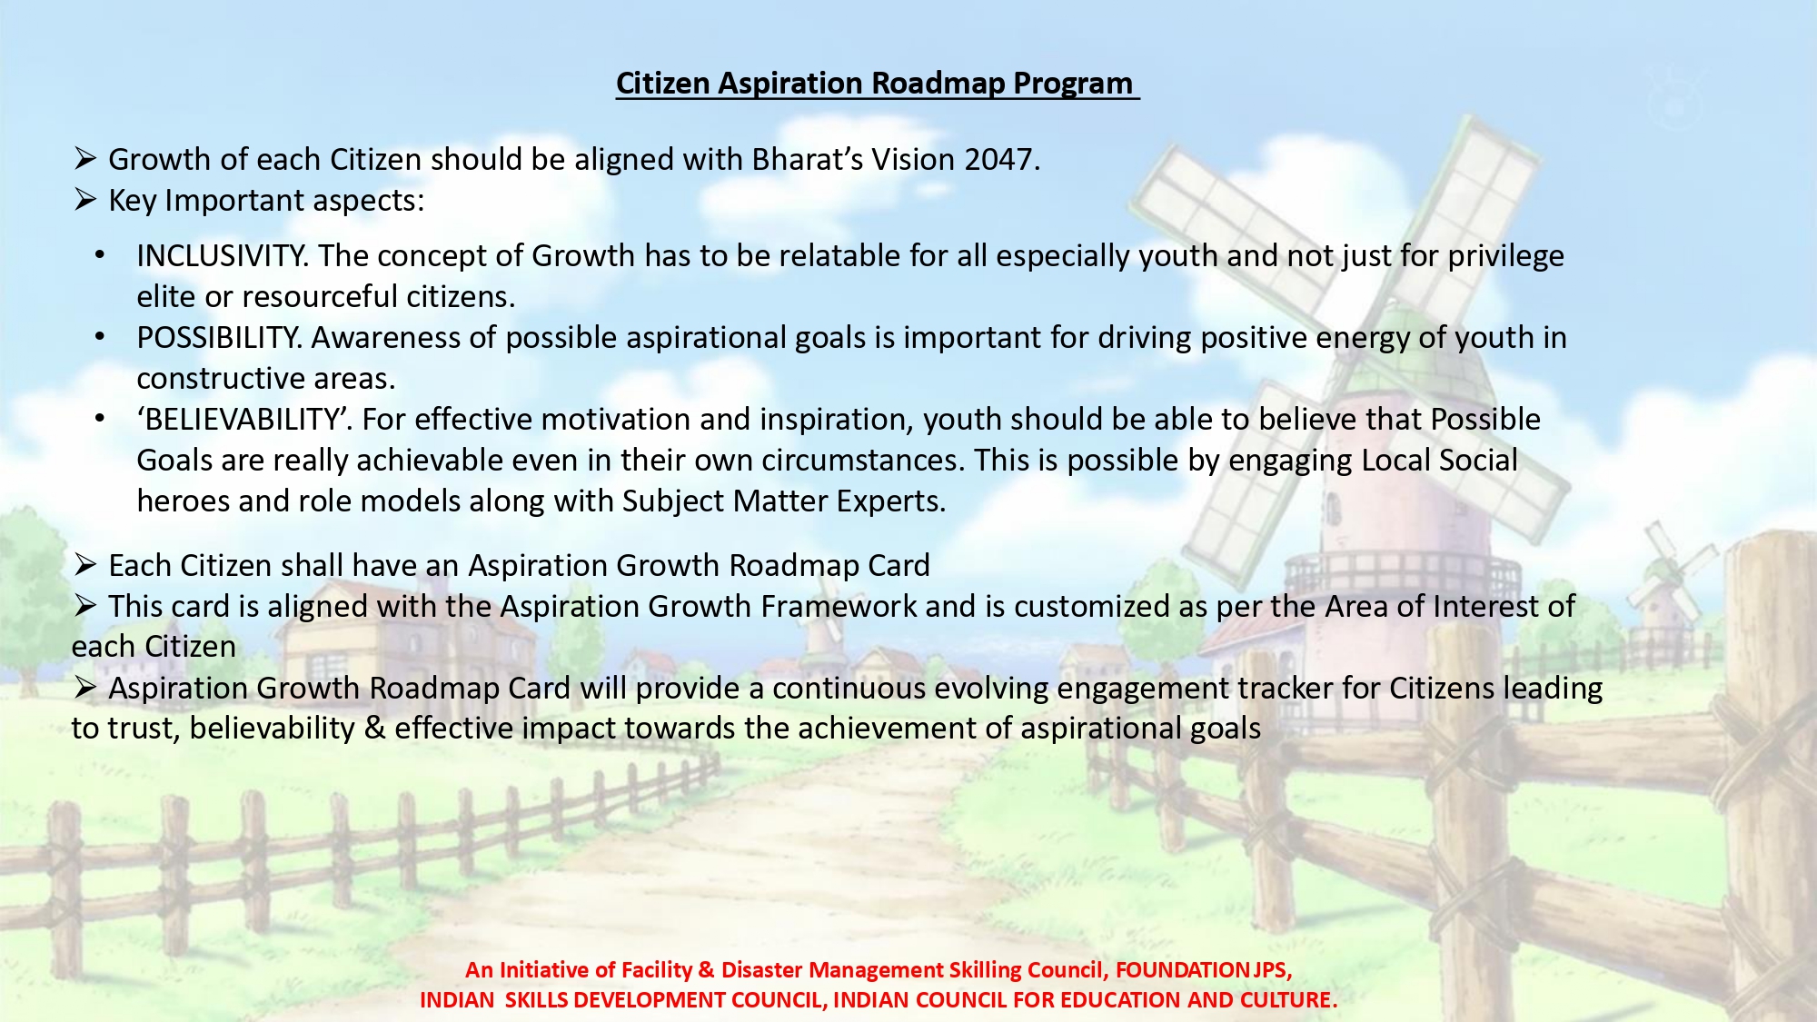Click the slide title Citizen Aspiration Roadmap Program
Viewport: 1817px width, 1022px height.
[x=875, y=84]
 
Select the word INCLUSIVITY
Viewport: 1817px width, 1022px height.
[x=219, y=256]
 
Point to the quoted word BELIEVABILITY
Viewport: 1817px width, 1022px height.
[x=242, y=420]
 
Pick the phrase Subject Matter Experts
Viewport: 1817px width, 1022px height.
[x=782, y=501]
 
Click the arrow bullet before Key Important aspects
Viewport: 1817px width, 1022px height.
[x=85, y=200]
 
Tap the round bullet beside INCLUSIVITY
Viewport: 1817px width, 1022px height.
[x=100, y=256]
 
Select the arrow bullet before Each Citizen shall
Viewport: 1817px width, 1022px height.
[x=85, y=565]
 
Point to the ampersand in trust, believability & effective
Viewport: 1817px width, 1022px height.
[x=374, y=729]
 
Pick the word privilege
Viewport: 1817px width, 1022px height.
[x=1505, y=257]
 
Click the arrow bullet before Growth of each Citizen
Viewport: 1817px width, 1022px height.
[x=85, y=159]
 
